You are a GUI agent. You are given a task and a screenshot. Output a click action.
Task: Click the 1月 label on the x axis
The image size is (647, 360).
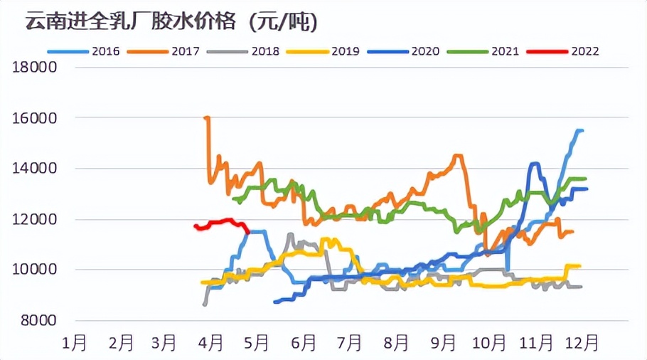pos(75,343)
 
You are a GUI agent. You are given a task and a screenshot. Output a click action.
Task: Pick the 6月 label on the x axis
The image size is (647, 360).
pos(304,343)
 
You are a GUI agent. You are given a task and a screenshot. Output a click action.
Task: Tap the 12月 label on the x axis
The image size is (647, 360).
pos(579,343)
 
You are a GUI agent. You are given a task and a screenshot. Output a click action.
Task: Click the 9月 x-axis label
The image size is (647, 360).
pos(443,343)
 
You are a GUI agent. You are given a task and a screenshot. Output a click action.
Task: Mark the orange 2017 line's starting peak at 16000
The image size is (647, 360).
pos(207,118)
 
